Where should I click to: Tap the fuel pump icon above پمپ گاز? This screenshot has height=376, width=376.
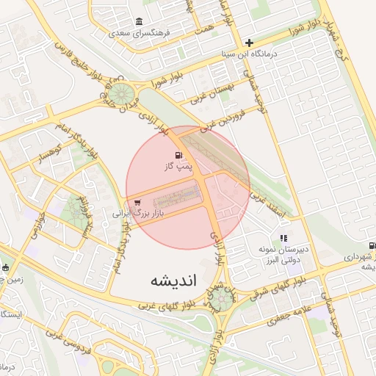pos(179,155)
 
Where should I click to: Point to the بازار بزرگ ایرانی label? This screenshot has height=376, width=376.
pos(141,213)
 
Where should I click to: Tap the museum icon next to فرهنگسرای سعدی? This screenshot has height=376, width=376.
pos(140,21)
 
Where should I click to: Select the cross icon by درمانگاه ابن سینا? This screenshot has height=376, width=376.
pos(249,43)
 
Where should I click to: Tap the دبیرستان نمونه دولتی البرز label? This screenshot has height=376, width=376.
pos(283,254)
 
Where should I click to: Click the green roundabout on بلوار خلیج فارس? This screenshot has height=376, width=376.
pos(122,93)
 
